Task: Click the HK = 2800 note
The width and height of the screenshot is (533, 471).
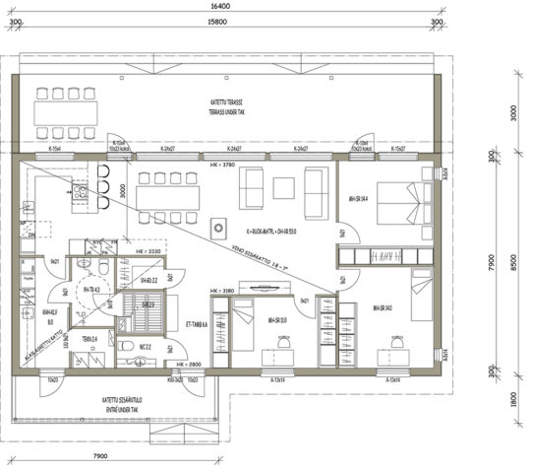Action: tap(188, 365)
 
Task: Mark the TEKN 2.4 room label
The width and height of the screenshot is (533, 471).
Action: tap(89, 339)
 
